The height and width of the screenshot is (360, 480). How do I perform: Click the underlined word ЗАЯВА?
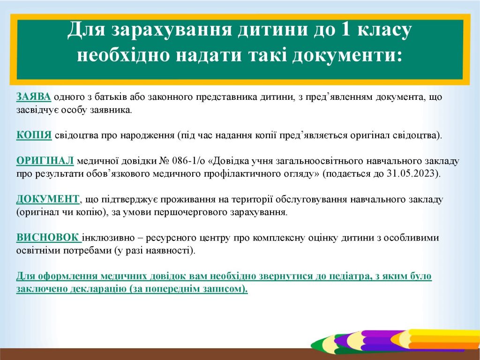34,97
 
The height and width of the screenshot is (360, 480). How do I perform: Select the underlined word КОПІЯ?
34,135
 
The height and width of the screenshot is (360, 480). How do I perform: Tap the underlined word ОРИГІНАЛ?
45,161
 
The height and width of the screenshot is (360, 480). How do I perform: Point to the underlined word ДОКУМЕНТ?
48,199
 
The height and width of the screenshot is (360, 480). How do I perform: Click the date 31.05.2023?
412,173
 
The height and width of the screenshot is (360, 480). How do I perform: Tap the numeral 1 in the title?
345,30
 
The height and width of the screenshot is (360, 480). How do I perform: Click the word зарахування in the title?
172,30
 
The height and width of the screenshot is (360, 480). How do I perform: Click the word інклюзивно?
108,238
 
